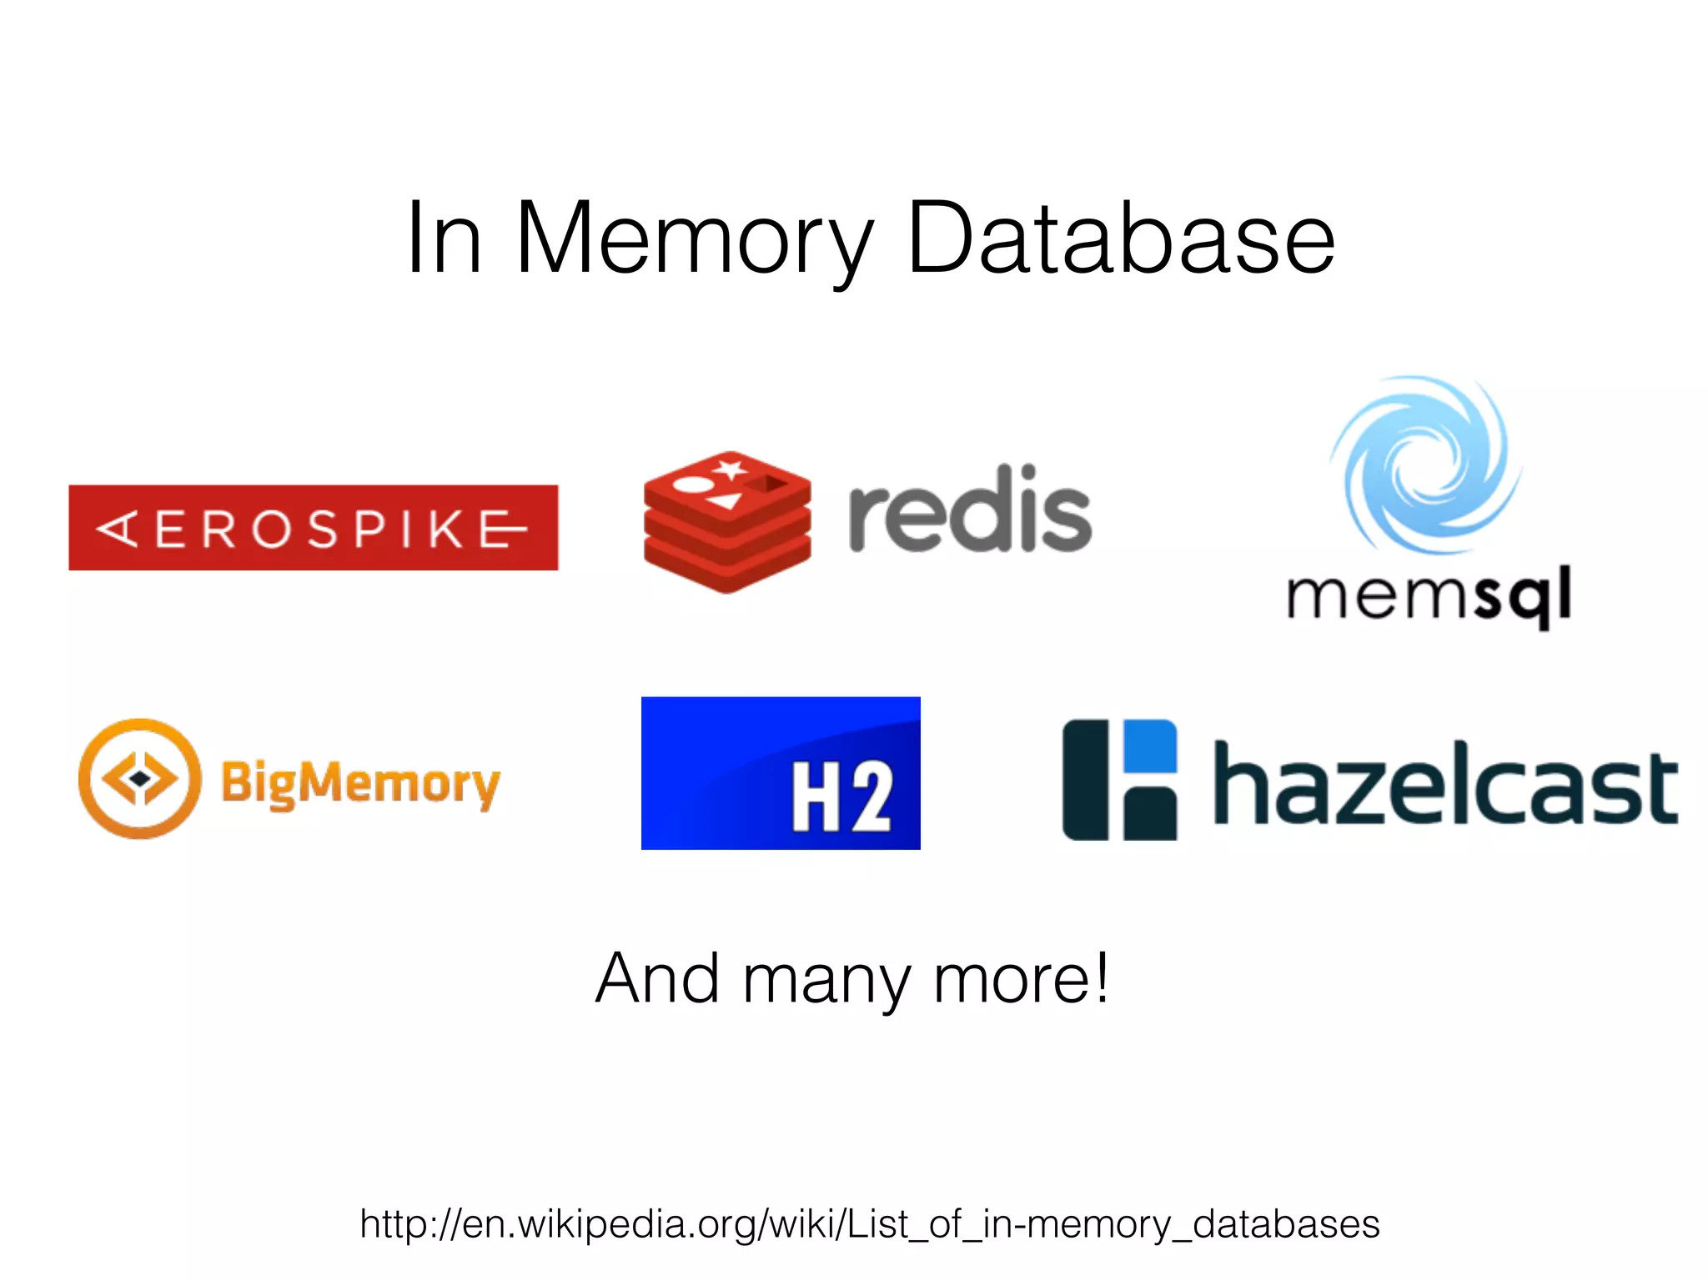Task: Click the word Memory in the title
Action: [695, 239]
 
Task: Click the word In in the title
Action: [444, 239]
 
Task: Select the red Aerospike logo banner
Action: [313, 527]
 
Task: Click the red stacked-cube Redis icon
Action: [727, 522]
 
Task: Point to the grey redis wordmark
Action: [970, 510]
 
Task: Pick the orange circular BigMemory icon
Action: [140, 778]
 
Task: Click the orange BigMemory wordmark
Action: [360, 783]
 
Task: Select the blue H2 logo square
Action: [781, 773]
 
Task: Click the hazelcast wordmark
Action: [1445, 785]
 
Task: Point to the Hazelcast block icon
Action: [1119, 780]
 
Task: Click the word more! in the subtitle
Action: [1022, 978]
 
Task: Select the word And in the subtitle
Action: [657, 978]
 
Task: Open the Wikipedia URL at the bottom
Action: [869, 1224]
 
